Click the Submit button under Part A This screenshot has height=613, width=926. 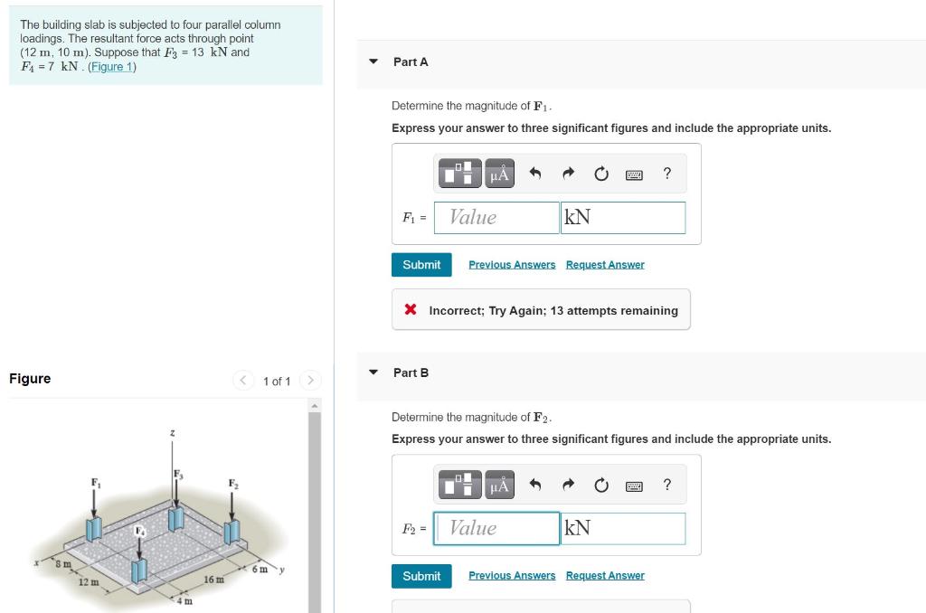[421, 265]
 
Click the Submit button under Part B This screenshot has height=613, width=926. [421, 576]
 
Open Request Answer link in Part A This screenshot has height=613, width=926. [605, 265]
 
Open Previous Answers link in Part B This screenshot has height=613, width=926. [512, 575]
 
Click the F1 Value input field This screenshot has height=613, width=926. [496, 217]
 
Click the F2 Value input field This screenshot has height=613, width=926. [496, 529]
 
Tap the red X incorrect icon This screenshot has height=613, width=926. [411, 309]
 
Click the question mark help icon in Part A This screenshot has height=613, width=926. [666, 173]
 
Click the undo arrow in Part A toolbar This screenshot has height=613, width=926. [535, 173]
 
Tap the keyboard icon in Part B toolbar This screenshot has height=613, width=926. [634, 486]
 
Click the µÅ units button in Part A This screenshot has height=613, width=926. [499, 174]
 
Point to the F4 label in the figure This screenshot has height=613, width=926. [139, 531]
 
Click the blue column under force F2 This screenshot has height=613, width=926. [231, 533]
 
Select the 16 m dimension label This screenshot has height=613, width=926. [213, 580]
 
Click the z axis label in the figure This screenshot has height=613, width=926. [172, 433]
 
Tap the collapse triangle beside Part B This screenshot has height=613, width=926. [373, 373]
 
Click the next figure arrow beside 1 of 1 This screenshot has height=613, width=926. [310, 380]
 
